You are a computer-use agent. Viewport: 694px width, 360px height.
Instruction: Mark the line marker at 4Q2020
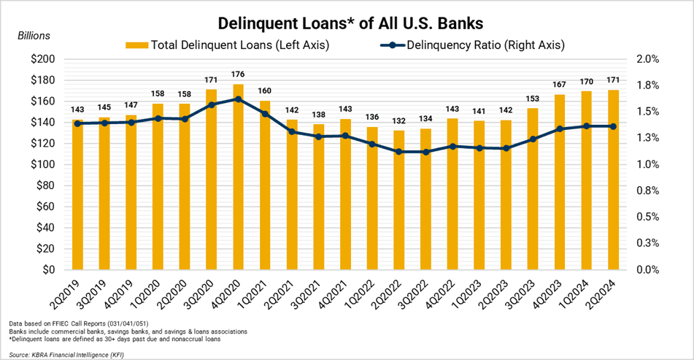click(x=238, y=99)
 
